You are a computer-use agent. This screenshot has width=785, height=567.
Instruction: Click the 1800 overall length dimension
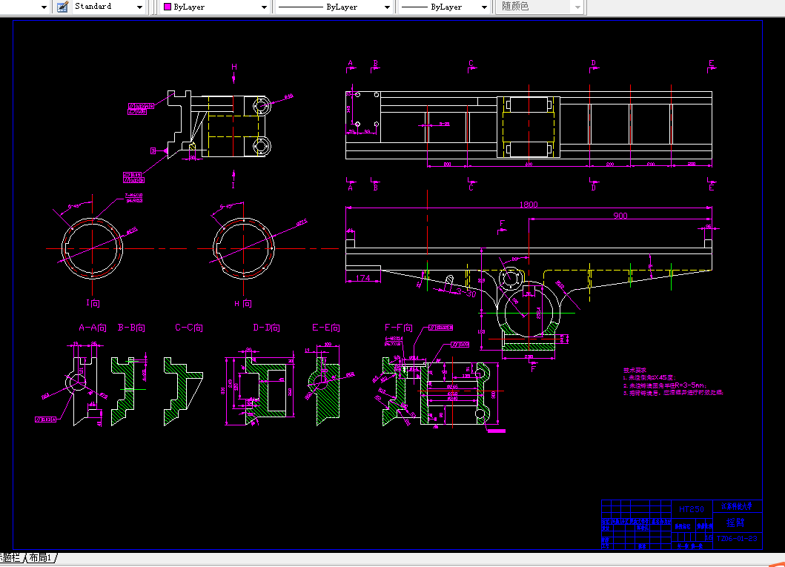click(x=529, y=205)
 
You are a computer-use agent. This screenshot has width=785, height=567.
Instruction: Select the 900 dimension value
click(x=620, y=216)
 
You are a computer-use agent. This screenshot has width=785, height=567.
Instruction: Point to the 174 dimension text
click(x=362, y=278)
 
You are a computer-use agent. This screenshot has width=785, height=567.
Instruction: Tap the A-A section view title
click(x=93, y=327)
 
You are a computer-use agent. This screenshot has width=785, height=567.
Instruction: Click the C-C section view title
click(x=189, y=327)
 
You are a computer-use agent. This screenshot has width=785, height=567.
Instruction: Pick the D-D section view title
click(x=267, y=327)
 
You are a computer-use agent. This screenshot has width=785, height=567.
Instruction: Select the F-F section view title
click(x=398, y=327)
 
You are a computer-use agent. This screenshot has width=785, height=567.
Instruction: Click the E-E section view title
click(x=325, y=327)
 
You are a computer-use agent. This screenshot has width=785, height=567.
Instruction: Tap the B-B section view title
click(x=131, y=327)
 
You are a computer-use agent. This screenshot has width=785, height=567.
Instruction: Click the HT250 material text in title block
click(x=691, y=509)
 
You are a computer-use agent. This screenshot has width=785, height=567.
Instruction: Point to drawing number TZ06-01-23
click(x=737, y=539)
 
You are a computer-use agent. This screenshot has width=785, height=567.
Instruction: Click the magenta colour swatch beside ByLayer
click(x=167, y=7)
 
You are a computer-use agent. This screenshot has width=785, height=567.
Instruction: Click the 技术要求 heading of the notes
click(x=635, y=369)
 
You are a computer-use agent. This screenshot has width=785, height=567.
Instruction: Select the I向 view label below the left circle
click(x=92, y=303)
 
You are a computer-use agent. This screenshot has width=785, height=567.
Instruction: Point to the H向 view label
click(x=243, y=304)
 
